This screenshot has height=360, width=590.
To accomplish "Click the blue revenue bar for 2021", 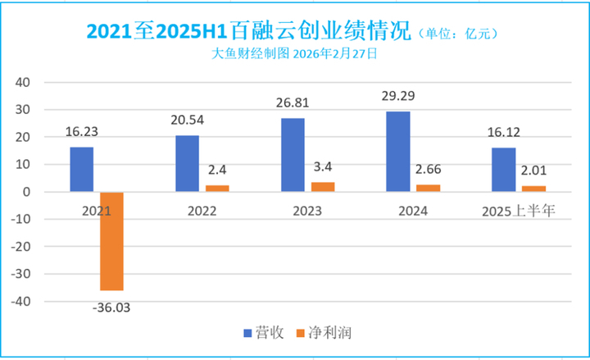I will click(81, 170).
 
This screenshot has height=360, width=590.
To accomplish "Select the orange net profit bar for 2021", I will click(111, 241).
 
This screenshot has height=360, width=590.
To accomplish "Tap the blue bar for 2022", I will click(187, 164).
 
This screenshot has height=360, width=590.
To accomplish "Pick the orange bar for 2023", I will click(323, 187).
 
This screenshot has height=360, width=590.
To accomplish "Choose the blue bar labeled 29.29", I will click(397, 152).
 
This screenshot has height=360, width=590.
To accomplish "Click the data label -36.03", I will click(111, 308).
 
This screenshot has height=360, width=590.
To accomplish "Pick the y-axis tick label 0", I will click(27, 192).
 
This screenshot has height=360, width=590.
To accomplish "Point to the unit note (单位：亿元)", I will click(459, 34).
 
